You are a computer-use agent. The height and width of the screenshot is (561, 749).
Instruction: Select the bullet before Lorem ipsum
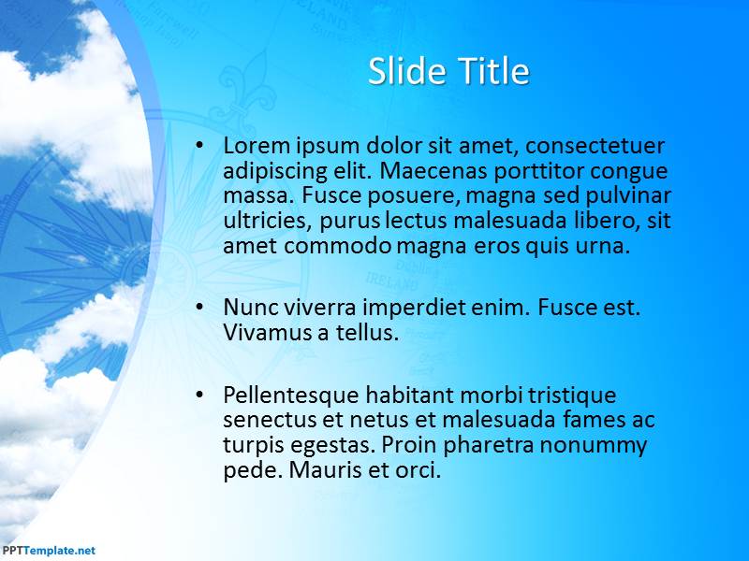pyautogui.click(x=199, y=145)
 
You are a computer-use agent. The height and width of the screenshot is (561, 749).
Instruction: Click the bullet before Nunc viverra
pyautogui.click(x=199, y=307)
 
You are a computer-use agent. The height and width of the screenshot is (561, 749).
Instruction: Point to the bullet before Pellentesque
pyautogui.click(x=199, y=394)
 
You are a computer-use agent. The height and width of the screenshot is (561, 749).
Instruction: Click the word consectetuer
pyautogui.click(x=595, y=146)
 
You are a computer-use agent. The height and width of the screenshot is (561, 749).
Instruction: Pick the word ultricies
pyautogui.click(x=266, y=221)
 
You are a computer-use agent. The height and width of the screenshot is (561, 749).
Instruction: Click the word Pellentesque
pyautogui.click(x=291, y=396)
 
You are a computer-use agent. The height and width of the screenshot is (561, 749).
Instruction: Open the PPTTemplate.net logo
pyautogui.click(x=49, y=551)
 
